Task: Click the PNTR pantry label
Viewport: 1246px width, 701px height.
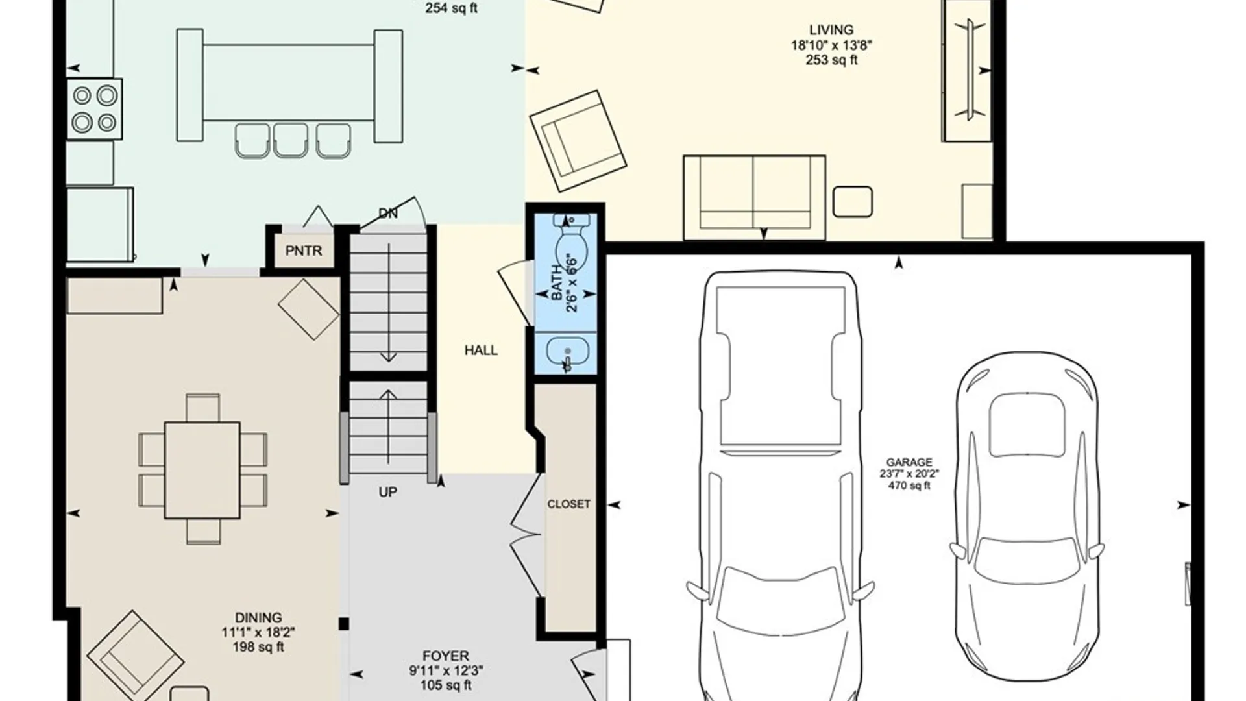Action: click(x=304, y=251)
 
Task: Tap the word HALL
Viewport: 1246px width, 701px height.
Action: click(x=481, y=350)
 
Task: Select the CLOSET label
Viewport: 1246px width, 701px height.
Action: click(x=568, y=504)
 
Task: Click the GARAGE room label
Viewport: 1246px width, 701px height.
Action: click(x=909, y=462)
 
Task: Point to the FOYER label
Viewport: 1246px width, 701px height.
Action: click(x=446, y=656)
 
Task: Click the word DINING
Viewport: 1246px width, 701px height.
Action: click(x=258, y=618)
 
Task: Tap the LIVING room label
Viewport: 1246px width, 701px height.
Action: click(x=831, y=30)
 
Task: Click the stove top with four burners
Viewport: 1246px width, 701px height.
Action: click(x=95, y=108)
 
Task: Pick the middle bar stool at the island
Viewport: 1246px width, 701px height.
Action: click(x=290, y=140)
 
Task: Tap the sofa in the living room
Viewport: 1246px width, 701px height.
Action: click(x=754, y=196)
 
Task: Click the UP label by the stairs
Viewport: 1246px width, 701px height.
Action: click(x=387, y=492)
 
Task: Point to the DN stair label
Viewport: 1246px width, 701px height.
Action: click(x=387, y=214)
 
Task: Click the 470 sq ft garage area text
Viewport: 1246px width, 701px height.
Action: click(x=909, y=486)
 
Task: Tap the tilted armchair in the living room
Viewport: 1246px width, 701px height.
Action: click(x=578, y=141)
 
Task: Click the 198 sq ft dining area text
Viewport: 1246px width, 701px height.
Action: click(x=258, y=646)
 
